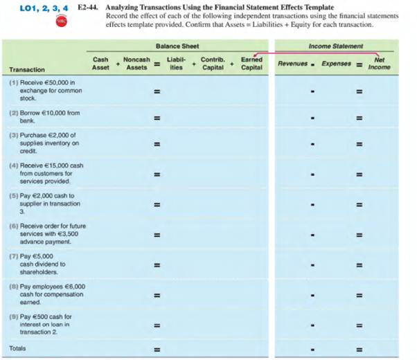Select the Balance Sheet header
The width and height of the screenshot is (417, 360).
pyautogui.click(x=177, y=46)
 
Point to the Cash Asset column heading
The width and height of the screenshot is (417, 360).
pyautogui.click(x=100, y=64)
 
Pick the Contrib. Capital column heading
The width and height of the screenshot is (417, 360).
pyautogui.click(x=212, y=64)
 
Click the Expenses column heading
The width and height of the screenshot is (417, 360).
pyautogui.click(x=337, y=64)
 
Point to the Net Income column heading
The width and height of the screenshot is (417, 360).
pyautogui.click(x=379, y=64)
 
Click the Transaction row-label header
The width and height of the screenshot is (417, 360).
pyautogui.click(x=27, y=70)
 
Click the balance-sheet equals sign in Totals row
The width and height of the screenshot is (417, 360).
pyautogui.click(x=157, y=349)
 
